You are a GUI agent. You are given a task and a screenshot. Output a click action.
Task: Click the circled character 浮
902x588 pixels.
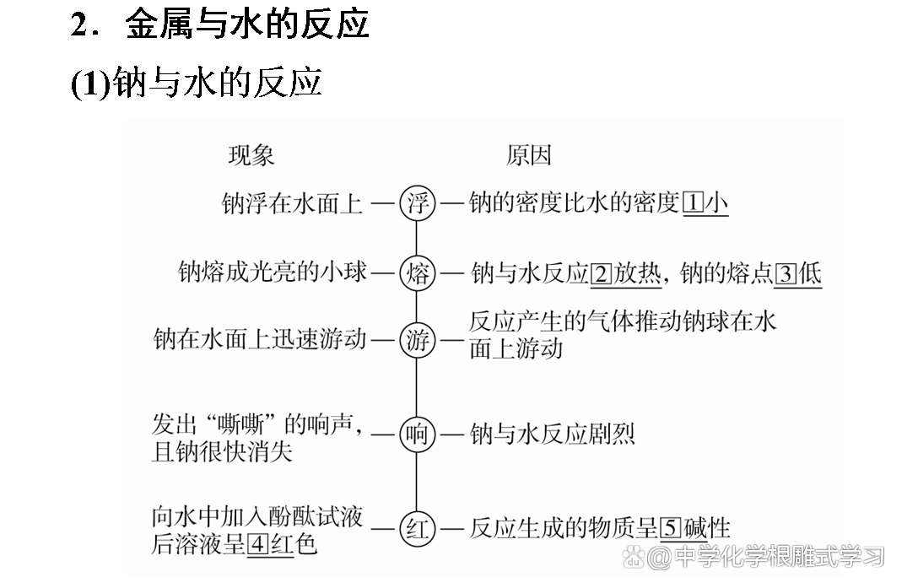click(417, 203)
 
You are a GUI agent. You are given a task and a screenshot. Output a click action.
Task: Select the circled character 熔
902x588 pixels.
click(417, 273)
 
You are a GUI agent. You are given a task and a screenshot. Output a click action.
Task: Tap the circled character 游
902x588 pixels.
click(417, 342)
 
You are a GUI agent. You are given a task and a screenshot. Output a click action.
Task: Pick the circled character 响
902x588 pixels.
click(417, 435)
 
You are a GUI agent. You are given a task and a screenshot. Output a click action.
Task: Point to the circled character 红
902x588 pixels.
click(417, 529)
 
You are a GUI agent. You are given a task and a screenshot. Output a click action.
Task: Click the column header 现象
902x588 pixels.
click(251, 156)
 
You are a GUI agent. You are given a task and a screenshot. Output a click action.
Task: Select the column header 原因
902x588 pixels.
click(529, 156)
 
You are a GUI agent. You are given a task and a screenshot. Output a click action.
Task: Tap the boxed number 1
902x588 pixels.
click(692, 203)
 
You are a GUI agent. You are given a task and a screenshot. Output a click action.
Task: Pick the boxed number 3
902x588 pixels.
click(786, 273)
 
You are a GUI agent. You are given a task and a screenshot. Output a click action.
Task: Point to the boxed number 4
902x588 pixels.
click(259, 544)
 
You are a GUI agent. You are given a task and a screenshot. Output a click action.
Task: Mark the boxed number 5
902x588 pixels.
click(671, 529)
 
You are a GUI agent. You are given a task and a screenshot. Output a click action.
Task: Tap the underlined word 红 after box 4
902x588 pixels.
click(281, 544)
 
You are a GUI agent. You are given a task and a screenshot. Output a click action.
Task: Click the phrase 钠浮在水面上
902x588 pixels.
click(292, 203)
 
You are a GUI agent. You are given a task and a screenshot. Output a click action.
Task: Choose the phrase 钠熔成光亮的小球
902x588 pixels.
click(273, 273)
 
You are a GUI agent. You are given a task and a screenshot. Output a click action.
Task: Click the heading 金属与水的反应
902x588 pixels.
click(247, 24)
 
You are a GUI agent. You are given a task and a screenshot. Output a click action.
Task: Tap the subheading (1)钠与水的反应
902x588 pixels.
click(197, 83)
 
